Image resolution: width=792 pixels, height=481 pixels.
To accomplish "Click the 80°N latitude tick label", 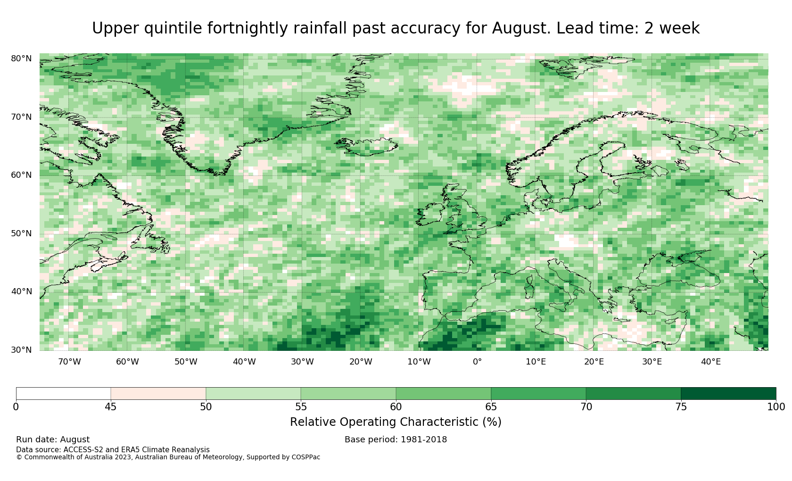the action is pos(21,58).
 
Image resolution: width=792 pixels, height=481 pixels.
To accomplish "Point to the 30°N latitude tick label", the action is pos(21,350).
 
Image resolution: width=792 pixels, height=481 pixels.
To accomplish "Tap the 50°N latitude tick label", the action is pos(21,233).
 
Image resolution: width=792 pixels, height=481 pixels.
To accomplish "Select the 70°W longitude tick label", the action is pos(70,362).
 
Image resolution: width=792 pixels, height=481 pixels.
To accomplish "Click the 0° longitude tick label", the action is pos(477,362).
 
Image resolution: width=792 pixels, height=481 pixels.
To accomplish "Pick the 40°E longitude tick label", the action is pos(711,362).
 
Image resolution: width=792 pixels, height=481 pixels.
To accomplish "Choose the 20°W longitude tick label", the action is pos(361,362).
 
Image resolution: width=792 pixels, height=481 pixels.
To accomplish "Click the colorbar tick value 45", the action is pos(111,407).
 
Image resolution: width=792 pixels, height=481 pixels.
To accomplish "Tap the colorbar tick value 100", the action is pos(776,407).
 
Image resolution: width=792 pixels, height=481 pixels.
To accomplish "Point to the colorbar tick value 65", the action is pos(491,407).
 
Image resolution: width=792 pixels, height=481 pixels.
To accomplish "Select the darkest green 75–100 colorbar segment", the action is pos(728,394).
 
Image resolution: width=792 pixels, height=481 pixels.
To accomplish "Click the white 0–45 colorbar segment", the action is pos(63,394).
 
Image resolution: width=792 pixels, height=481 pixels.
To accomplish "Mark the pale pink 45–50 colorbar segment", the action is pos(158,394).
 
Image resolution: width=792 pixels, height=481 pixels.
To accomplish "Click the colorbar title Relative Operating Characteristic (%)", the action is pos(396,422).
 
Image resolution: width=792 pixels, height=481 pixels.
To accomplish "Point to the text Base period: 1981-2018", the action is pos(396,440).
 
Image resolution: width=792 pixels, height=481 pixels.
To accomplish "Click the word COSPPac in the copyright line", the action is pos(305,457).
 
